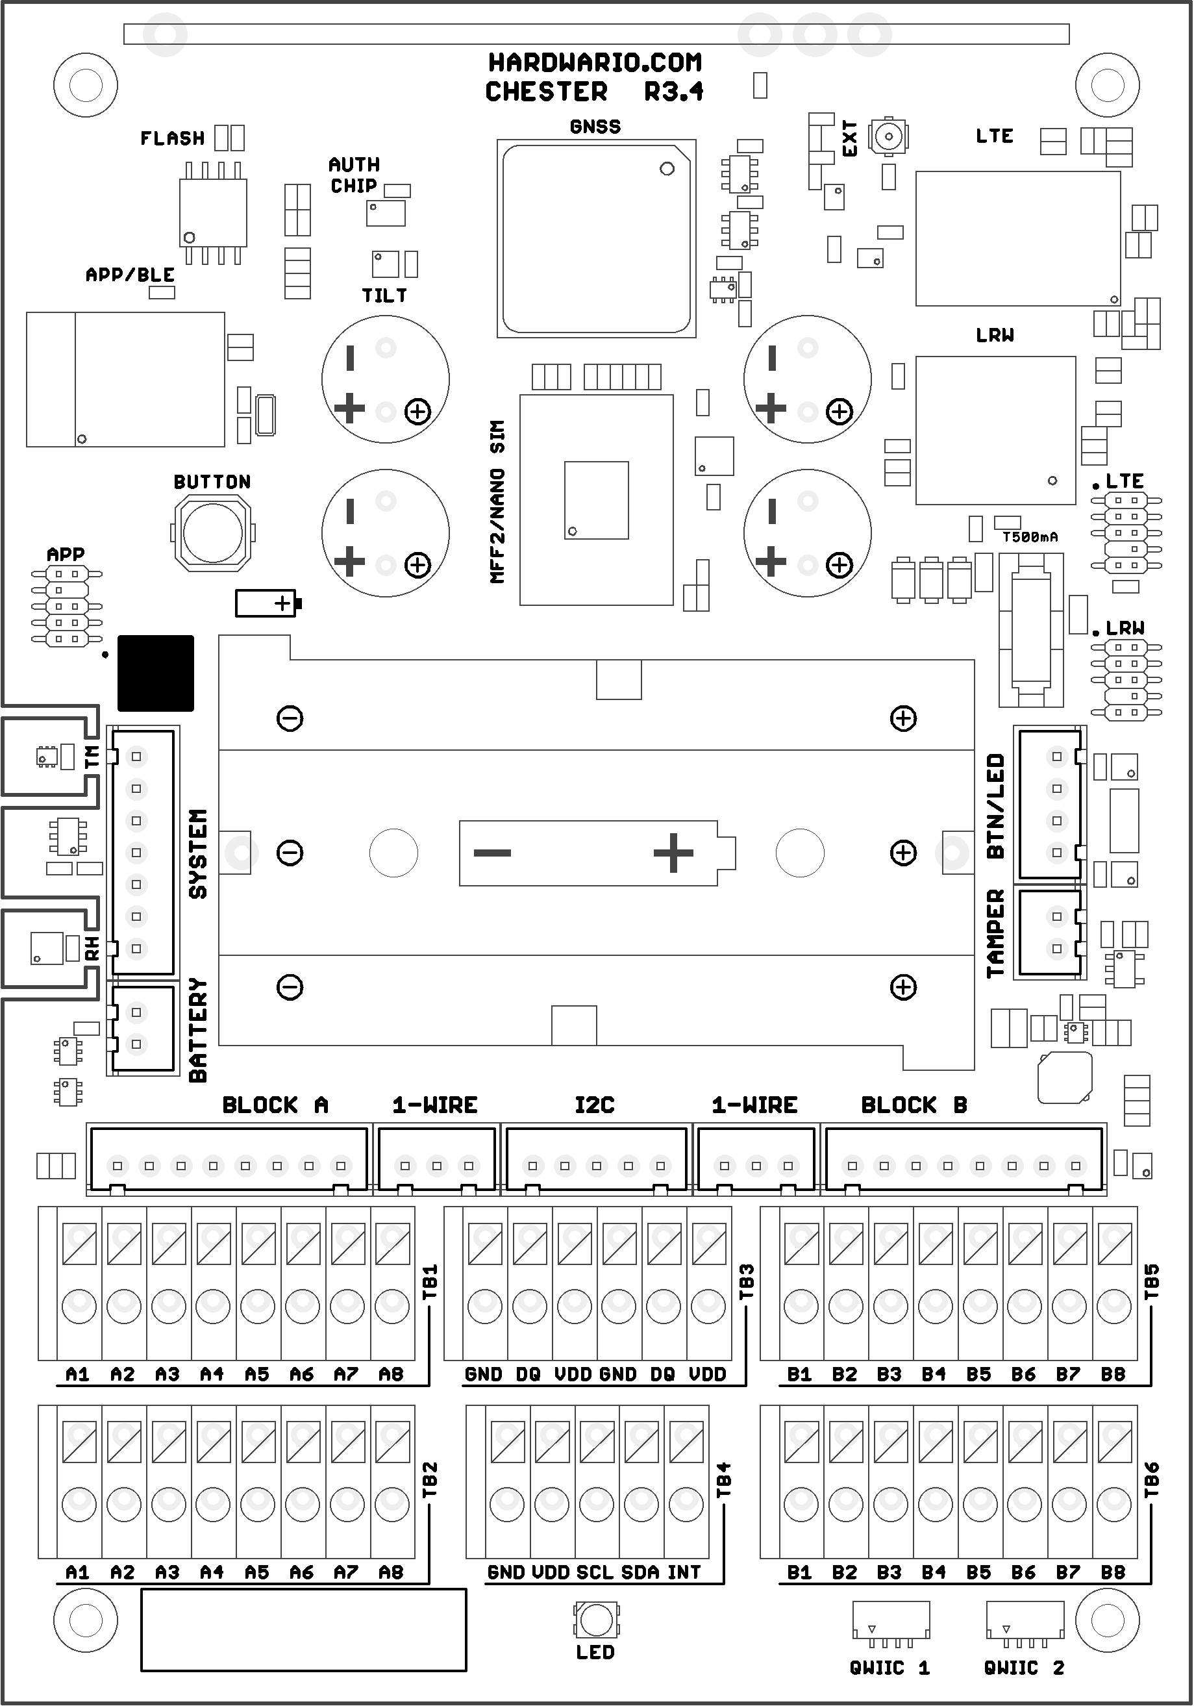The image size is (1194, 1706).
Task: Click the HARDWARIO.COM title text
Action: click(594, 62)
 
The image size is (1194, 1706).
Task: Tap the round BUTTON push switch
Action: click(212, 532)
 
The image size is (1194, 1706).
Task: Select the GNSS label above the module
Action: click(595, 127)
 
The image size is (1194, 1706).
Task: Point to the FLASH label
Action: click(172, 138)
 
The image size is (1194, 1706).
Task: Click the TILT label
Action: click(384, 295)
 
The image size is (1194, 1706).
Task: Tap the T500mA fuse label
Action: click(1030, 537)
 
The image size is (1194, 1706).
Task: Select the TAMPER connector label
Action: click(995, 933)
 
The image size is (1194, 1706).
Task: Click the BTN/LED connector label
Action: click(995, 806)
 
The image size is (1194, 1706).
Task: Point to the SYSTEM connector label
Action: click(197, 854)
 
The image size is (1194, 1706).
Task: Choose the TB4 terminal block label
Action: click(724, 1479)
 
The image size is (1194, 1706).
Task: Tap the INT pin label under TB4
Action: click(684, 1573)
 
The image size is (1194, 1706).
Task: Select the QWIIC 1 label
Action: click(889, 1668)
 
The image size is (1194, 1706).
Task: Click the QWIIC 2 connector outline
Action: click(1024, 1620)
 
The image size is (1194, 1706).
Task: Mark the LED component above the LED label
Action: click(596, 1620)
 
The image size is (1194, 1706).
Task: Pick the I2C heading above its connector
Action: click(594, 1105)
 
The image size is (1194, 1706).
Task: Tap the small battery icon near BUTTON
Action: click(267, 603)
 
